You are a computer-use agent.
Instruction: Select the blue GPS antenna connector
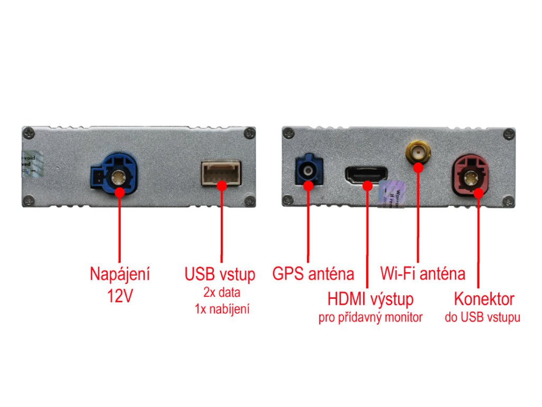[308, 170]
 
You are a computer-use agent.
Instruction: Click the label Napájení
[120, 275]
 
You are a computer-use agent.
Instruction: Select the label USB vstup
[220, 275]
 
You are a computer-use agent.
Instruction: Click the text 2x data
[221, 292]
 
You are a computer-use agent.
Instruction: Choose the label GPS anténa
[313, 275]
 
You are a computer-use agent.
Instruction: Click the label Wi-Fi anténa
[422, 274]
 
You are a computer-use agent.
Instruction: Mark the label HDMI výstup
[370, 299]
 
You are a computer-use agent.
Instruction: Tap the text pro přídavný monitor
[370, 318]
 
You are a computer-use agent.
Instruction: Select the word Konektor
[484, 299]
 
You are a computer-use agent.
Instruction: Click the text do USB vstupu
[482, 318]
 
